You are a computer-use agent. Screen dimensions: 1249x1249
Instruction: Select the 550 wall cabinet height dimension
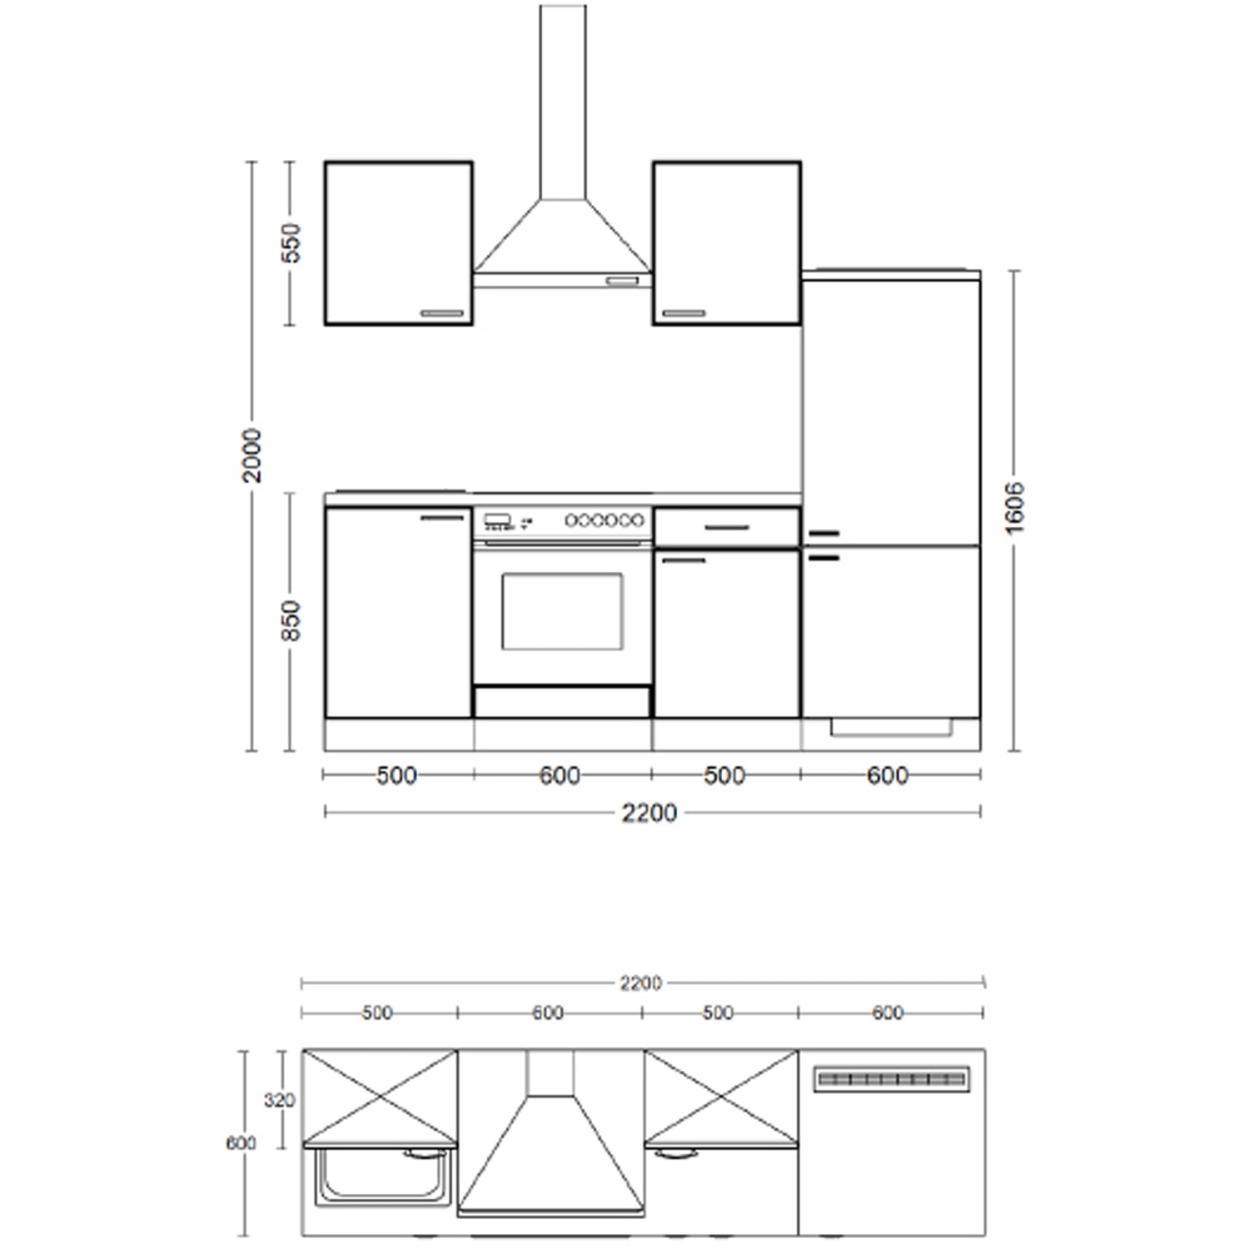(291, 242)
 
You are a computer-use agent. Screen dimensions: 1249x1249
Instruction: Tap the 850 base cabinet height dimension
(291, 620)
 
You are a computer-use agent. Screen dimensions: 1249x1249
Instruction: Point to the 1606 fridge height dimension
(1014, 507)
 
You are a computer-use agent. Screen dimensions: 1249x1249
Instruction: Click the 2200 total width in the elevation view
(649, 813)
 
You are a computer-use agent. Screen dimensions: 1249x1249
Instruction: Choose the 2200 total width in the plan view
(640, 983)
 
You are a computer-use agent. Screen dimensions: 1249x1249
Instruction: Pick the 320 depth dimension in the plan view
(280, 1100)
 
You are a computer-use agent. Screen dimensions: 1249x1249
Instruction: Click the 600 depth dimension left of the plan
(241, 1143)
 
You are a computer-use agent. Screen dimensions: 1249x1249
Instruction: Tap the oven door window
(562, 611)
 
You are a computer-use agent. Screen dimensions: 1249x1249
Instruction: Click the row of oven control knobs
(605, 520)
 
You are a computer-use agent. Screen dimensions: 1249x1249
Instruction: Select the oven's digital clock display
(497, 520)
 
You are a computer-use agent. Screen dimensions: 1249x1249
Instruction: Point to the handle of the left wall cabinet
(442, 313)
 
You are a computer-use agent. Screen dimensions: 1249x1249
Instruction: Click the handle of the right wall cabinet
(684, 313)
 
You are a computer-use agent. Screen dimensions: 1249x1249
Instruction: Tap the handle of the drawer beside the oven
(727, 528)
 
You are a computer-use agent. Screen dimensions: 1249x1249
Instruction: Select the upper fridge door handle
(824, 533)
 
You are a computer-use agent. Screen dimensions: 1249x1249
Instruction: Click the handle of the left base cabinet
(442, 518)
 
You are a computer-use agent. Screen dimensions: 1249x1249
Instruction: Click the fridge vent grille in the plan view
(892, 1079)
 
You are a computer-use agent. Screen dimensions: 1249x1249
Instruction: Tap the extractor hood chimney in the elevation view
(563, 100)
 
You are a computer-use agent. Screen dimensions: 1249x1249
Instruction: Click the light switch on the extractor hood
(622, 281)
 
